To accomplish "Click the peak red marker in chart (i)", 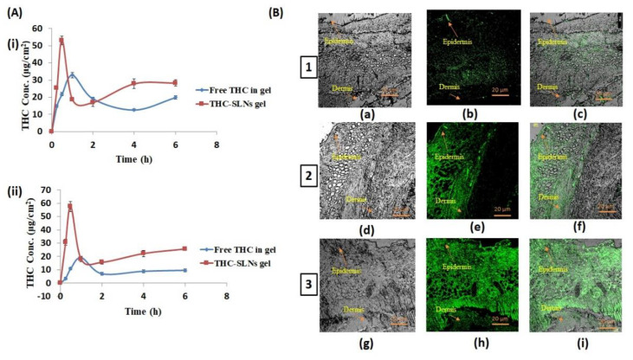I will pos(61,41).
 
